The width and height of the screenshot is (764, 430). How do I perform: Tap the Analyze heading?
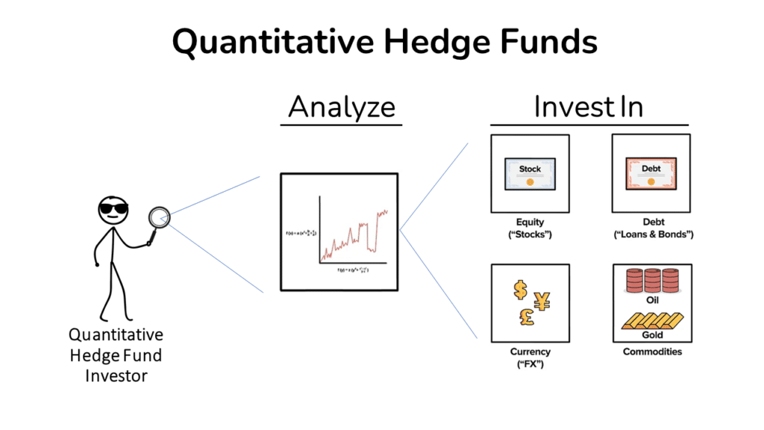pos(342,107)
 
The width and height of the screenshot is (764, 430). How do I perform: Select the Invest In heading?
pos(589,107)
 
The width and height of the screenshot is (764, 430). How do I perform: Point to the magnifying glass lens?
pos(159,217)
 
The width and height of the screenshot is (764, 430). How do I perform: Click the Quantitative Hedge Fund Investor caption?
pos(116,355)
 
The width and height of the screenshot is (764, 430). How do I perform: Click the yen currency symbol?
pos(542,300)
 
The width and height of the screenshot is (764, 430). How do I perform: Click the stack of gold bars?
pos(651,320)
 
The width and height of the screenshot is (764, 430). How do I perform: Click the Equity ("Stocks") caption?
pos(530,228)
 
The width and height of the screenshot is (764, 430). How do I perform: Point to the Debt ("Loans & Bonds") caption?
pos(651,228)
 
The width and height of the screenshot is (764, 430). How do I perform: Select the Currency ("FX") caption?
pos(530,357)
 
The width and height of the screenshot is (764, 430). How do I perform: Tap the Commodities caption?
pos(652,352)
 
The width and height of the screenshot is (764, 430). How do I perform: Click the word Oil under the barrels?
pos(651,299)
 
